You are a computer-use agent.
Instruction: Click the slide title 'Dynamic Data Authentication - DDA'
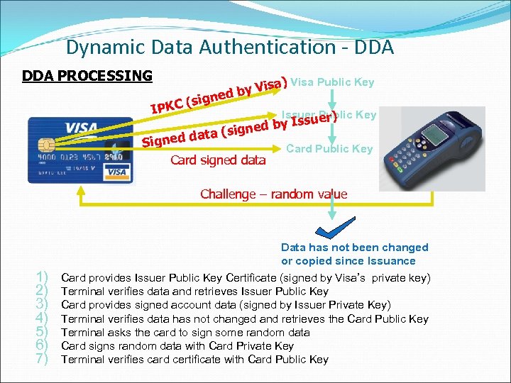click(230, 48)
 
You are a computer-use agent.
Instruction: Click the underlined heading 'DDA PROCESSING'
click(87, 75)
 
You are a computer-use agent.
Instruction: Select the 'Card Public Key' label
click(329, 148)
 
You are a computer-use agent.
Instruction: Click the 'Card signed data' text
click(218, 160)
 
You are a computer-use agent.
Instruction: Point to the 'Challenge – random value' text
click(273, 194)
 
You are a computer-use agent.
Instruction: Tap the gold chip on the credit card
click(47, 145)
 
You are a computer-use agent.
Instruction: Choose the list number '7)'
click(41, 359)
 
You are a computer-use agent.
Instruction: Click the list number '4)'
click(41, 318)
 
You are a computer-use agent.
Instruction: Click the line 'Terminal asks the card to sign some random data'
click(186, 332)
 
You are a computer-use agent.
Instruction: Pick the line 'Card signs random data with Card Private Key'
click(177, 345)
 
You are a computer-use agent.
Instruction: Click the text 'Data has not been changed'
click(355, 248)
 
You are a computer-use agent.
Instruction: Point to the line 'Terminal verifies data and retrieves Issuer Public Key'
click(195, 292)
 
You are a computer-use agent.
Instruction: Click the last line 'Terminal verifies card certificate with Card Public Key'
click(195, 359)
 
